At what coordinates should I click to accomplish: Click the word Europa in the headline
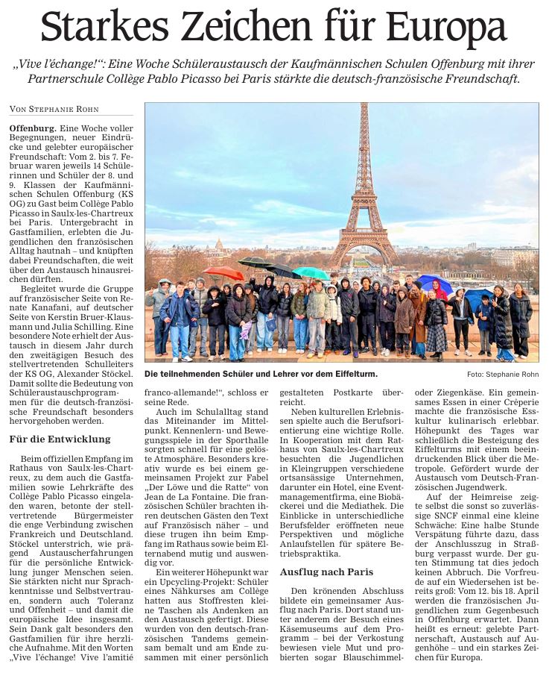pos(448,28)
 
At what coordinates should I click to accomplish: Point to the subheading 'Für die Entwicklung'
pos(60,439)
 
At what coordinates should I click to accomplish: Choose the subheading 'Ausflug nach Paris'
pos(327,572)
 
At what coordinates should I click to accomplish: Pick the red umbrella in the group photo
pos(223,273)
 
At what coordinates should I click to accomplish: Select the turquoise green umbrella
pos(311,273)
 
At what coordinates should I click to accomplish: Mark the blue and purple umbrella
pos(436,283)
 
